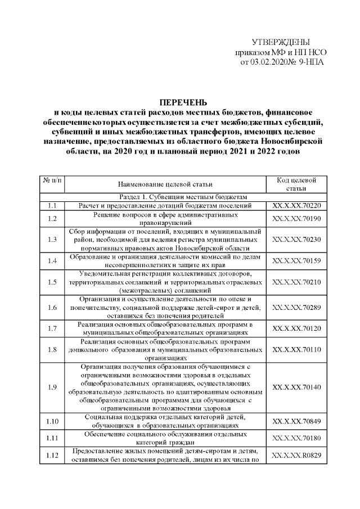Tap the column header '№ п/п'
pyautogui.click(x=52, y=180)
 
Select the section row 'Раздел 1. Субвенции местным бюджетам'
pyautogui.click(x=183, y=196)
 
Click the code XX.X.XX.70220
pyautogui.click(x=296, y=206)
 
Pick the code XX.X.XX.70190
pyautogui.click(x=296, y=218)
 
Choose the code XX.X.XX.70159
pyautogui.click(x=296, y=261)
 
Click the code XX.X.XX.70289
pyautogui.click(x=296, y=307)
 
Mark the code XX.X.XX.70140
pyautogui.click(x=296, y=388)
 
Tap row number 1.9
pyautogui.click(x=52, y=388)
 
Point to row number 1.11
pyautogui.click(x=52, y=437)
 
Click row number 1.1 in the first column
pyautogui.click(x=52, y=206)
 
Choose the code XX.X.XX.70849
pyautogui.click(x=296, y=421)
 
